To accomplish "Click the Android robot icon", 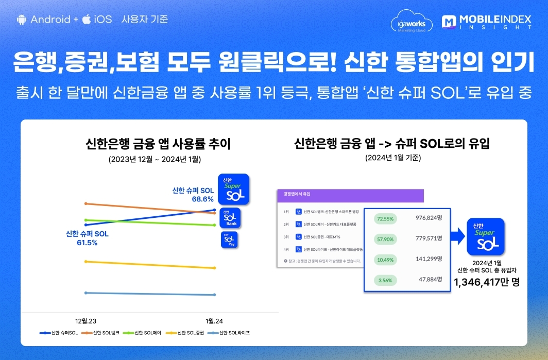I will click(21, 20).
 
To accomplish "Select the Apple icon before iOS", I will click(87, 20).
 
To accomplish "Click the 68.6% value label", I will click(202, 199).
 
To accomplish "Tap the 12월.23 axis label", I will click(87, 321).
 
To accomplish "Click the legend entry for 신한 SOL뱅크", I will click(102, 333).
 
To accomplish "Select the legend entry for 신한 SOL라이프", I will click(230, 333).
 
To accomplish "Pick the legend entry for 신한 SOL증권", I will click(187, 333).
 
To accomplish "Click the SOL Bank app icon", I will click(231, 218).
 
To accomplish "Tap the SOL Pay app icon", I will click(230, 239).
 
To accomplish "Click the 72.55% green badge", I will click(386, 218).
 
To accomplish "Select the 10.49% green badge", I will click(386, 260).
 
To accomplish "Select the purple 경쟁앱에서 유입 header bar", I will click(350, 195).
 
